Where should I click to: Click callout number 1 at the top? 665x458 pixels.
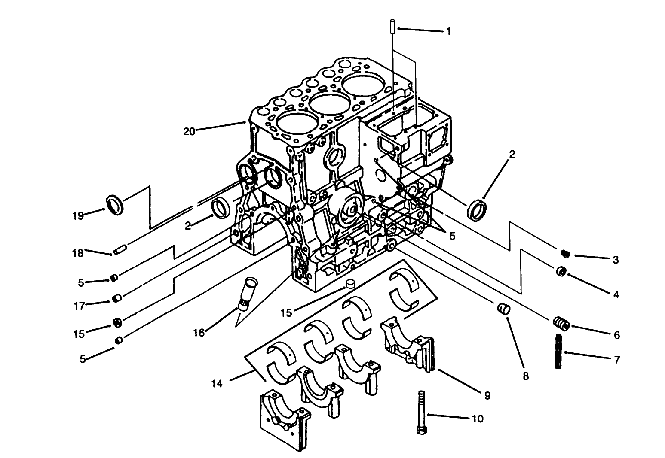click(448, 32)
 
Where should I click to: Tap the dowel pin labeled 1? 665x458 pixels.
click(392, 27)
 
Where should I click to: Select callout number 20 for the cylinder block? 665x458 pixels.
click(189, 131)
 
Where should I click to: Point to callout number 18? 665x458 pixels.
click(78, 253)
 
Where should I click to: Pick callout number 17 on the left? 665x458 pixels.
click(80, 306)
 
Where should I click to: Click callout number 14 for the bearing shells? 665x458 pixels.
click(217, 384)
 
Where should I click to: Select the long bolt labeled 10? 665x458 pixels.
click(420, 412)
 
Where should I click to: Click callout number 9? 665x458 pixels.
click(487, 395)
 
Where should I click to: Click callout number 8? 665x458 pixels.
click(525, 376)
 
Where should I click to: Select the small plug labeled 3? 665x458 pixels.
click(566, 254)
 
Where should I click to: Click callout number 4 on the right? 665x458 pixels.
click(616, 295)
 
